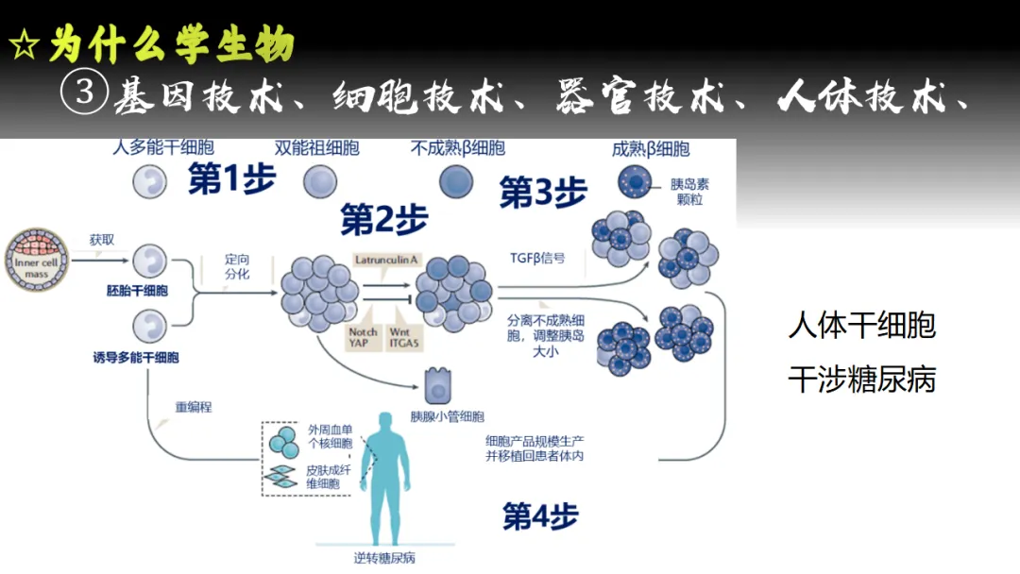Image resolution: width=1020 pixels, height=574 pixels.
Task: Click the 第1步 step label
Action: tap(231, 179)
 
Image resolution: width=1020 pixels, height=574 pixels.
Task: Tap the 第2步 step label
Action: tap(384, 220)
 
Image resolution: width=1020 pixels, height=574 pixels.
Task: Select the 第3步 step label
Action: tap(543, 193)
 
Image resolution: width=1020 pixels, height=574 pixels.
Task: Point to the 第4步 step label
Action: tap(540, 515)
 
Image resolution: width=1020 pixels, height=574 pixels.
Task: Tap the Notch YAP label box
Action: tap(363, 338)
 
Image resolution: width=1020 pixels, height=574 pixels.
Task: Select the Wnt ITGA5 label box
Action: tap(403, 338)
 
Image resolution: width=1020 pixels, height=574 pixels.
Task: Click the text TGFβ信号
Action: tap(537, 257)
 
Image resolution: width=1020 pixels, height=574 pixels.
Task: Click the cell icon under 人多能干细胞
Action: tap(148, 179)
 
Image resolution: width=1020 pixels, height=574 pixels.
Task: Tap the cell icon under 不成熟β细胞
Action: tap(456, 179)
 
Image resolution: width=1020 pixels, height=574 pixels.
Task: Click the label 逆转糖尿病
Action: tap(384, 557)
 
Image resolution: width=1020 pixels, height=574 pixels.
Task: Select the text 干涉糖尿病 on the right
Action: tap(861, 380)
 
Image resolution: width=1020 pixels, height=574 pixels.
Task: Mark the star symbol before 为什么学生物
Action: tap(23, 45)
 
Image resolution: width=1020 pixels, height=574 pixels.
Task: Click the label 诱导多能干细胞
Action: tap(136, 358)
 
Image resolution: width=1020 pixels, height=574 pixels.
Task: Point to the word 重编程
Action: tap(194, 408)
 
